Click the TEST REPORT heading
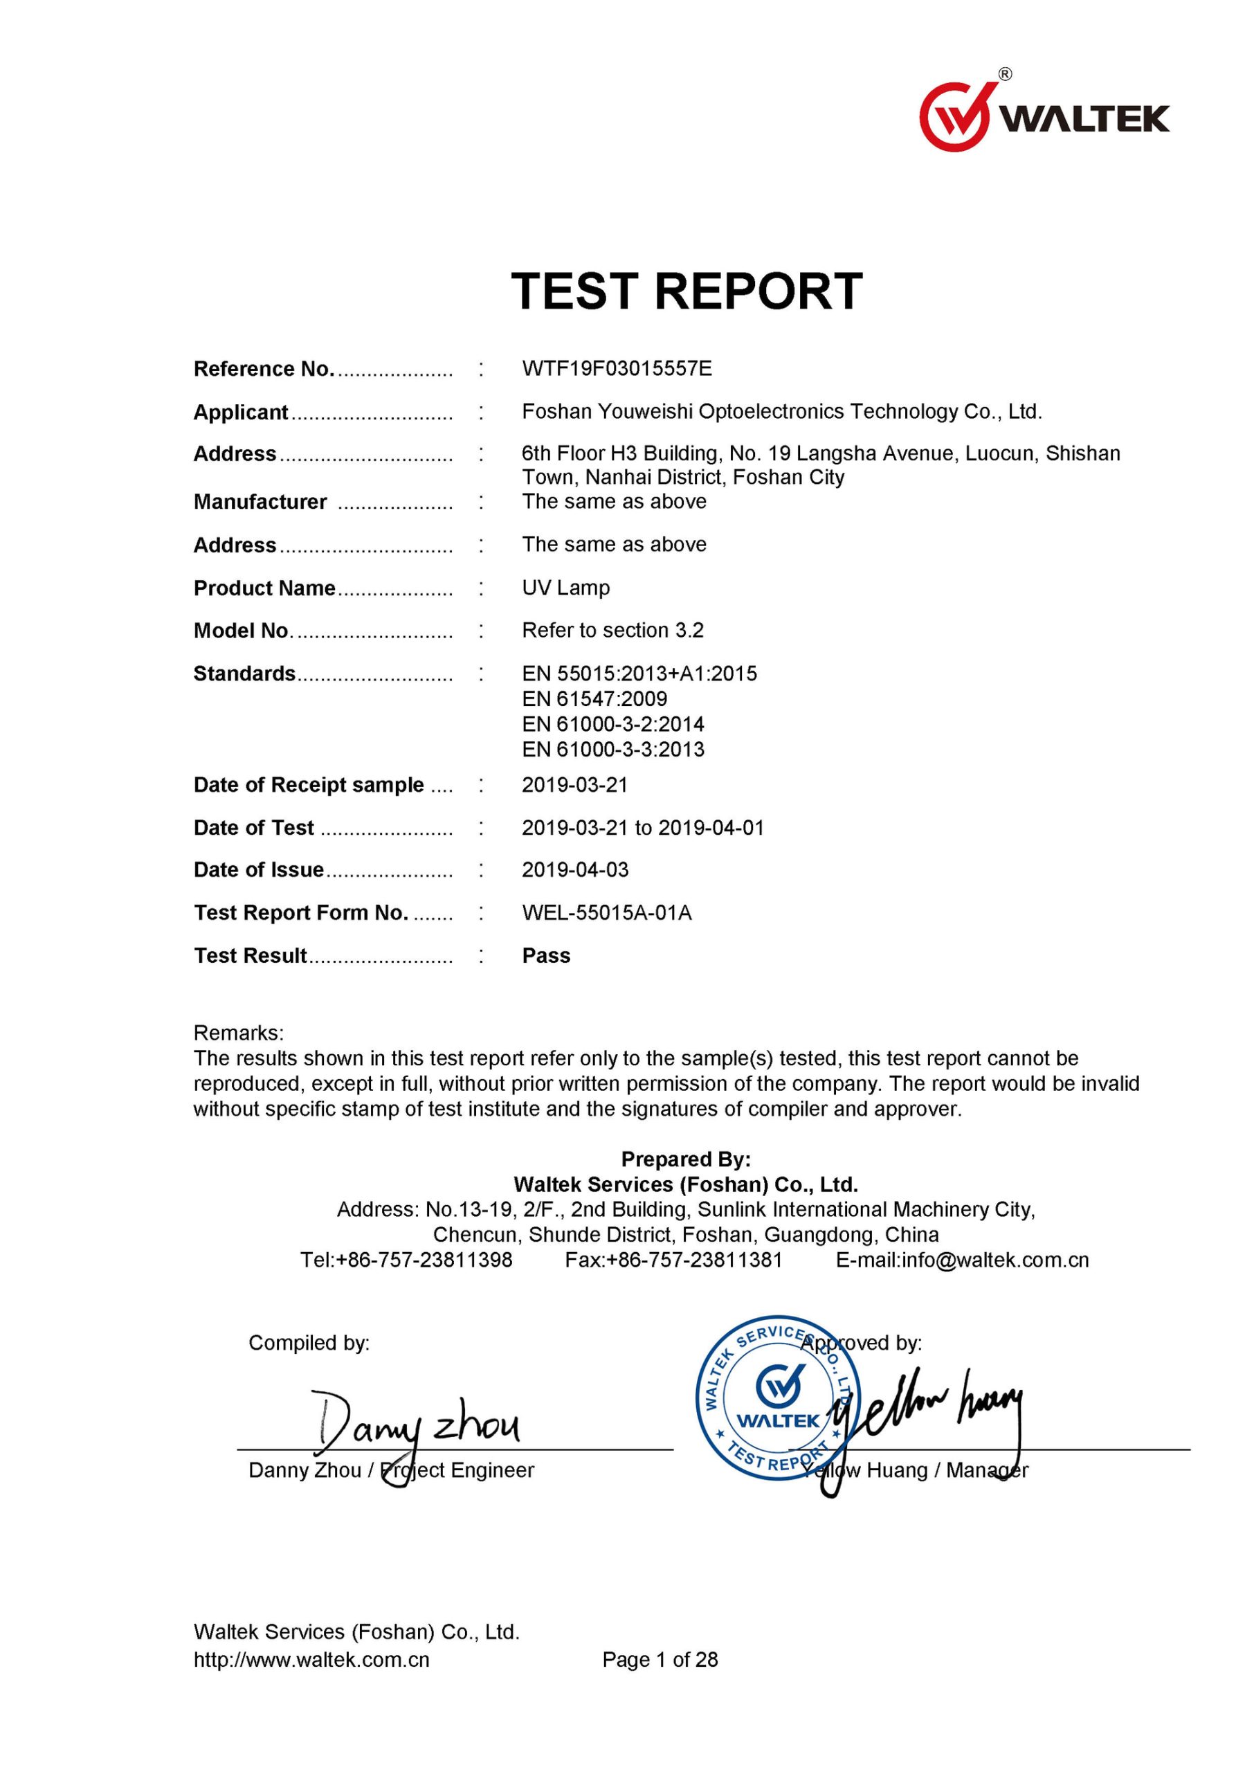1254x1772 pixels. (x=687, y=291)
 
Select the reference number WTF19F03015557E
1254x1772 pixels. (x=616, y=369)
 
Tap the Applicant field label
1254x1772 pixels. (x=240, y=413)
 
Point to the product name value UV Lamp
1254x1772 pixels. (x=565, y=588)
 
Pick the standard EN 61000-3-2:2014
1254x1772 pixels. (x=612, y=724)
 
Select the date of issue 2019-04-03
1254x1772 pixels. (x=574, y=870)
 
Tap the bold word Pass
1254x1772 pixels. (x=546, y=956)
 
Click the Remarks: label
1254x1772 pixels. (x=239, y=1033)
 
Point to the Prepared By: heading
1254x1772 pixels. (x=686, y=1159)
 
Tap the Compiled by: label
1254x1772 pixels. (x=309, y=1344)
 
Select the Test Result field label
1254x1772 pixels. (x=251, y=956)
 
